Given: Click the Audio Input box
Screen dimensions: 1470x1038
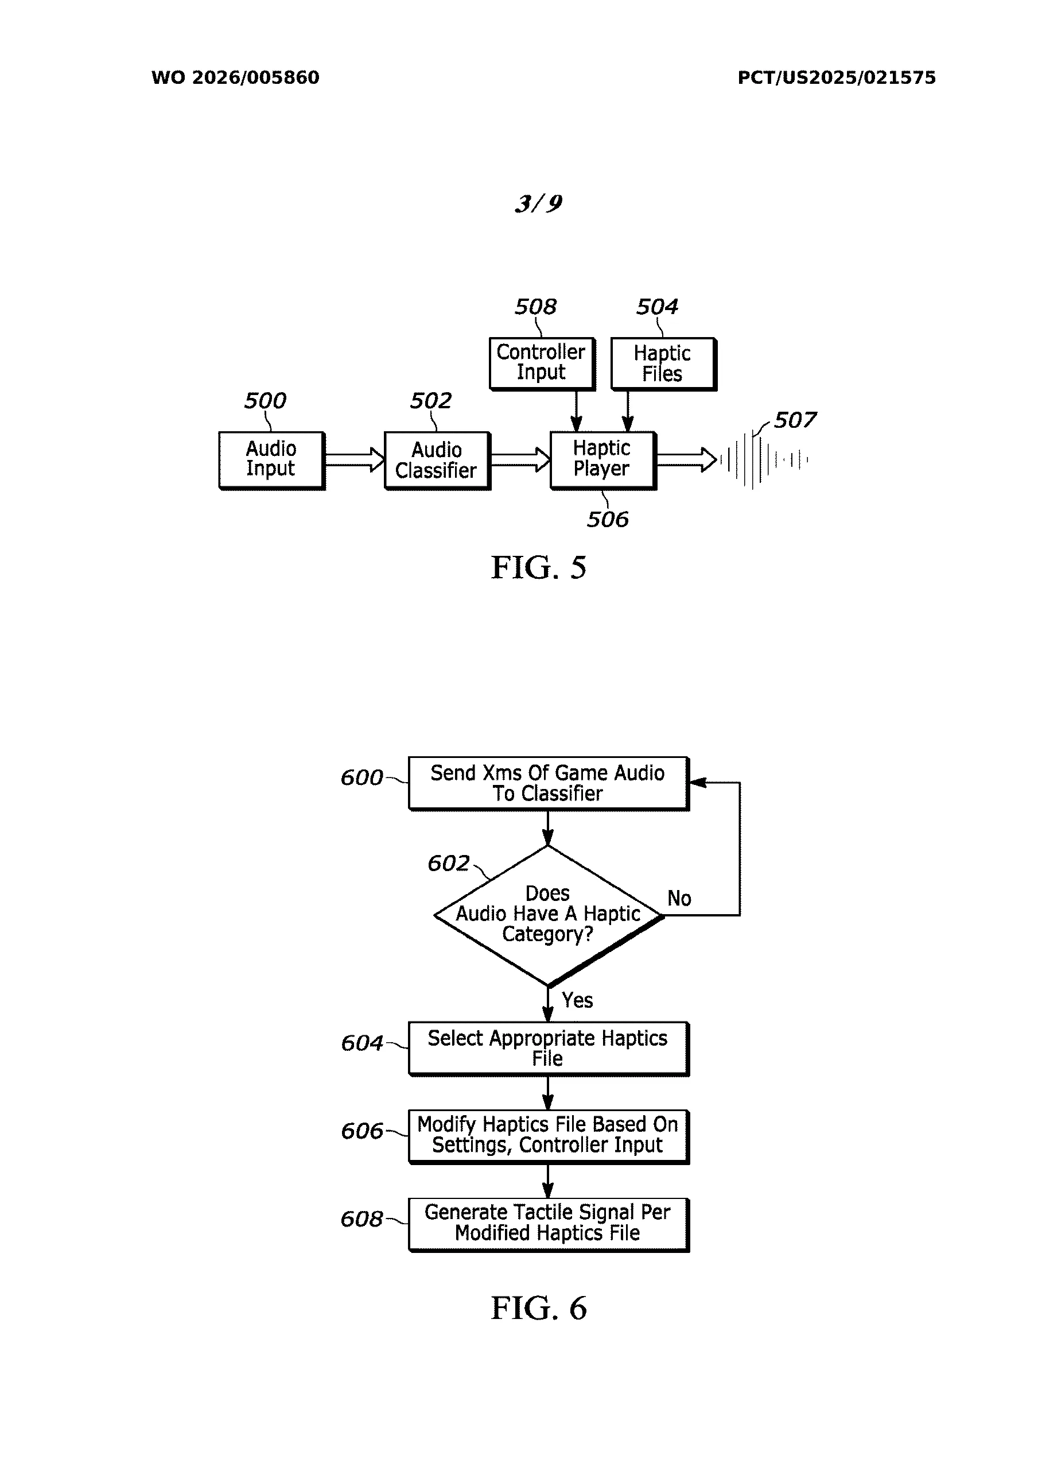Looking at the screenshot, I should [271, 460].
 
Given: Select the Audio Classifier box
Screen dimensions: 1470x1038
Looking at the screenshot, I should [437, 461].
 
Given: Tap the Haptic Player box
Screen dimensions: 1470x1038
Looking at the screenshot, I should [602, 460].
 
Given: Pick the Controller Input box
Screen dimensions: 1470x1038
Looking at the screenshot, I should [542, 363].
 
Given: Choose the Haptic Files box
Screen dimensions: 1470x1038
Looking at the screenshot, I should [662, 363].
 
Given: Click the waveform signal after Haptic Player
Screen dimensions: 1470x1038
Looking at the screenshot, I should [763, 460].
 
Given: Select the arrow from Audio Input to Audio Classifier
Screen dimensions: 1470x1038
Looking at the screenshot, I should [354, 460].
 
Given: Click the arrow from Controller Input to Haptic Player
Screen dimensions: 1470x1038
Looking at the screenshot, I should [576, 411].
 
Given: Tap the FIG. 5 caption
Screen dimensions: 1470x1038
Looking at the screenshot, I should [538, 567].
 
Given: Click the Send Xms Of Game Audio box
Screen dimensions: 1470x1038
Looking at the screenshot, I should [548, 783].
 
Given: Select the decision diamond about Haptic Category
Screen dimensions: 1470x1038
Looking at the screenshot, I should [548, 915].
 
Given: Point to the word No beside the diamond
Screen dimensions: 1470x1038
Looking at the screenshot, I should [679, 899].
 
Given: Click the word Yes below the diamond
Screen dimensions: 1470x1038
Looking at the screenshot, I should [577, 1001].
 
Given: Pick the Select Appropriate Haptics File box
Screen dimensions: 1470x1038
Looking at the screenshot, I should [548, 1048].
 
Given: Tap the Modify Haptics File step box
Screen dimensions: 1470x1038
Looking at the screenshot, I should [548, 1136].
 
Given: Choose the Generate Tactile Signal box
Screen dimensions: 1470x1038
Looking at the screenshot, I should [548, 1224].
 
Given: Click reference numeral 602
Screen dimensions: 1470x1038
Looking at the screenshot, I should [449, 864].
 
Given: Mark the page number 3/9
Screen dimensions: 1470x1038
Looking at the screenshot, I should [538, 204].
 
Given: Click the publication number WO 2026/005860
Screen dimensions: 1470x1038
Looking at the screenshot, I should [235, 78].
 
